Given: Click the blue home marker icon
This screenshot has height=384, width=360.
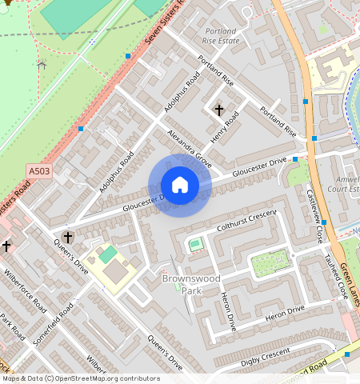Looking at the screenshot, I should pos(180,186).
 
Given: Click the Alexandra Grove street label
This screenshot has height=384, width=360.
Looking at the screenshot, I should pos(189,149).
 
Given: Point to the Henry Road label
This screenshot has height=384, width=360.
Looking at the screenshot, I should pos(226,128).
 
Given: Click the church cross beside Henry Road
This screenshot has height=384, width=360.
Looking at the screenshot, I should pos(218,110).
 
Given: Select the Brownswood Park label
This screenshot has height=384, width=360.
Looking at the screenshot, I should pos(186,285).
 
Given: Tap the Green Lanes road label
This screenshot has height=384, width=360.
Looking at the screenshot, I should pos(349,283).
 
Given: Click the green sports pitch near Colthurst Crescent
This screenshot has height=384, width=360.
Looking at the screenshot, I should pos(195,244).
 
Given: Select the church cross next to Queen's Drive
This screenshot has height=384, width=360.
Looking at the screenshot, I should pos(68,238).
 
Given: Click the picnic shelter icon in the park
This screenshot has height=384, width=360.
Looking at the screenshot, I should pos(42,63).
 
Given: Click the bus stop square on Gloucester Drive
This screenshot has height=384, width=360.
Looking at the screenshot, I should pos(295,159).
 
